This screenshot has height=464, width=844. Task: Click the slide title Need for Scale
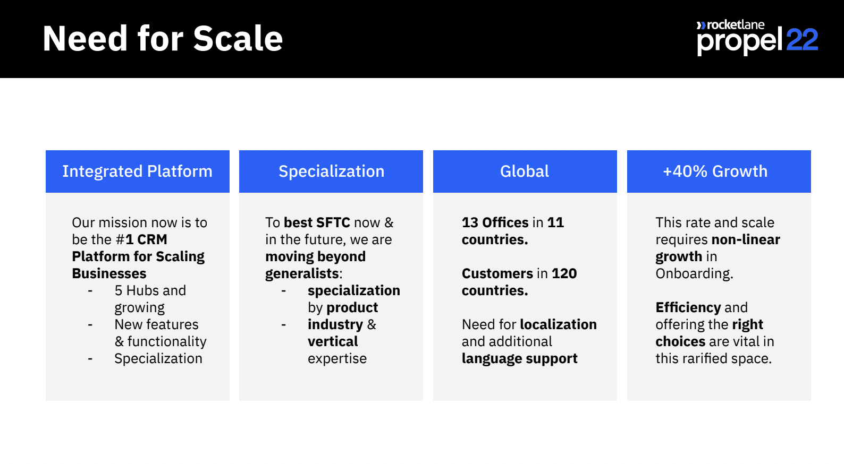[163, 38]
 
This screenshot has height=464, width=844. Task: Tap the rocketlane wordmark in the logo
[735, 25]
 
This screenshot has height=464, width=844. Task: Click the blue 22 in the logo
[802, 39]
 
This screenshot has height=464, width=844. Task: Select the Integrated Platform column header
[138, 171]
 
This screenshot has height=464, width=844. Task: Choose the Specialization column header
[331, 171]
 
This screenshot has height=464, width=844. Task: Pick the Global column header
[525, 171]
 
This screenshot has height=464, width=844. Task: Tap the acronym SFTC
[333, 222]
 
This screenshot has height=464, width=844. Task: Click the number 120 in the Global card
[564, 273]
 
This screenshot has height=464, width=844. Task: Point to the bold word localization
[558, 324]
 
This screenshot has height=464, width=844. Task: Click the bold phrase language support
[520, 359]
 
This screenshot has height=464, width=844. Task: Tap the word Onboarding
[694, 273]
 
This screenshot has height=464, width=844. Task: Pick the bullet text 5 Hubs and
[150, 290]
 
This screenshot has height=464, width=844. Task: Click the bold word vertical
[333, 342]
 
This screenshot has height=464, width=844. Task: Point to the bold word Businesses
[109, 273]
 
